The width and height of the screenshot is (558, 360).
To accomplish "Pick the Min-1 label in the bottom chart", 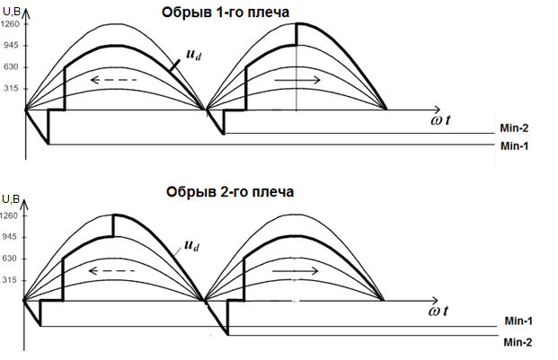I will click(519, 320).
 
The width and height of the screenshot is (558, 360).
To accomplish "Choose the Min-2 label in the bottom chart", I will click(519, 341).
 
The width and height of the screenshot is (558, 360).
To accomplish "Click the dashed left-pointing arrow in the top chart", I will click(113, 80).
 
